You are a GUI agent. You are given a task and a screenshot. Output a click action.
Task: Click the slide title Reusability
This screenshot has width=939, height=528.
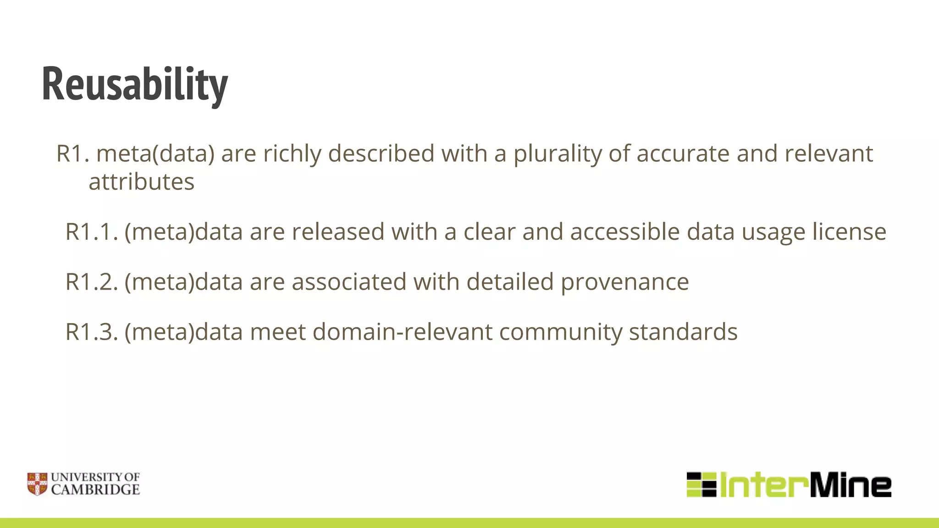135,84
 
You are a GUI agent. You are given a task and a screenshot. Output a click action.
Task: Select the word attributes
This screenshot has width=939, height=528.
141,182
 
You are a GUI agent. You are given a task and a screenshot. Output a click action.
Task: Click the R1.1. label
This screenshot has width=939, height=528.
92,231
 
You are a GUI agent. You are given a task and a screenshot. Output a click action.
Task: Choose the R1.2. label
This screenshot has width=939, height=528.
92,282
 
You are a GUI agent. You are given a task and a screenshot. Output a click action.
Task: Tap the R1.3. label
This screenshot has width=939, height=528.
92,332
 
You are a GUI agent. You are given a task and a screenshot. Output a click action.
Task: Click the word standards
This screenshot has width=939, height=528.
683,332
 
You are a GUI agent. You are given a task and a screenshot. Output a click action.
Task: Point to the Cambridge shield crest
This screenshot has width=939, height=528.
37,484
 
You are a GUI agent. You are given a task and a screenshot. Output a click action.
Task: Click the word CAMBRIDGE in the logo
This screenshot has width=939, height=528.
95,490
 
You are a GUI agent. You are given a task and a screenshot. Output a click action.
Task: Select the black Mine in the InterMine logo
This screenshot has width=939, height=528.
851,485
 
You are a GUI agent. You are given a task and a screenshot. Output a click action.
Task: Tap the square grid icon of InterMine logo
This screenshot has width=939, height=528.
701,484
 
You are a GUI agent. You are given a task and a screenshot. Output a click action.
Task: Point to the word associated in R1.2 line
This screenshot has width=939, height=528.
349,282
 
